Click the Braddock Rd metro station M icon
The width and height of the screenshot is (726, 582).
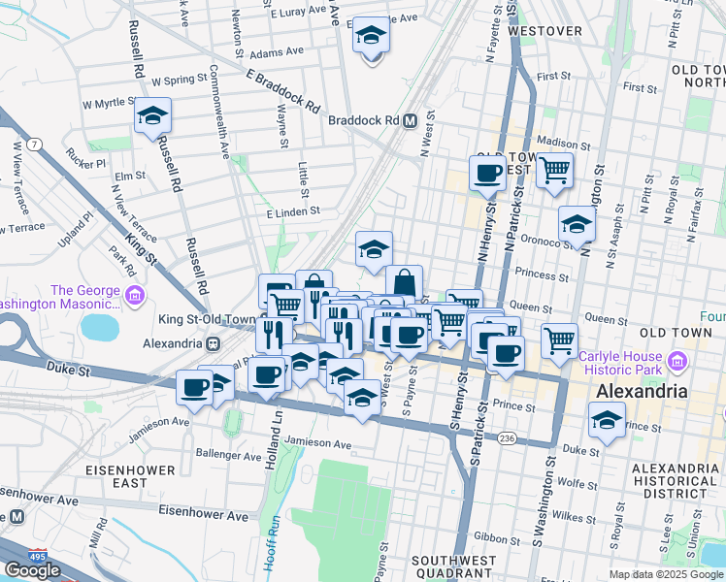(x=411, y=121)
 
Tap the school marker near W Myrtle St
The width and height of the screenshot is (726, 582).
(x=152, y=116)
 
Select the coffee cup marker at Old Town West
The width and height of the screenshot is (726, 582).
(x=487, y=174)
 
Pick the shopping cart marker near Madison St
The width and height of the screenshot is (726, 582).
(x=554, y=171)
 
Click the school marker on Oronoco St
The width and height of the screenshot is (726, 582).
(x=577, y=225)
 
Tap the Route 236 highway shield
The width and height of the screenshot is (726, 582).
(x=507, y=439)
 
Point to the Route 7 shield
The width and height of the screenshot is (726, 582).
(x=36, y=145)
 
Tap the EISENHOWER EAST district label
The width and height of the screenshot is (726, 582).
(x=129, y=476)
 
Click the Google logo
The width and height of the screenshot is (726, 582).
(x=32, y=569)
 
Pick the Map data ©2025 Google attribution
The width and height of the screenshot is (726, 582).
(x=666, y=574)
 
